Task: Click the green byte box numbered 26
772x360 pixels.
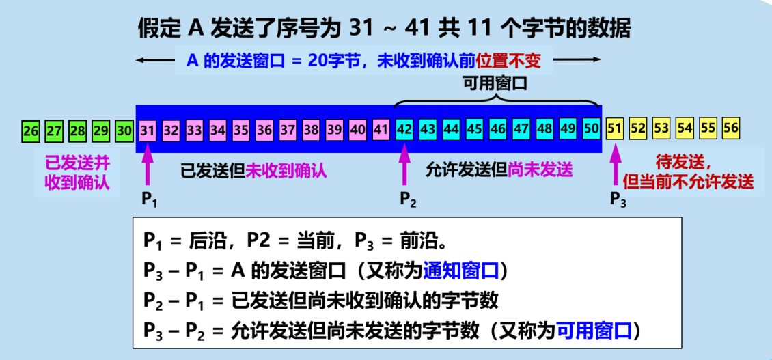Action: pyautogui.click(x=30, y=128)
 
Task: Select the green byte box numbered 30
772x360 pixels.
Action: pyautogui.click(x=124, y=128)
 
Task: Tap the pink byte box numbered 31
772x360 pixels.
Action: pyautogui.click(x=147, y=128)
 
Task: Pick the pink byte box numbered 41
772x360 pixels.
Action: pyautogui.click(x=381, y=128)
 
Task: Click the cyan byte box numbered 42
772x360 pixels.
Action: pyautogui.click(x=404, y=128)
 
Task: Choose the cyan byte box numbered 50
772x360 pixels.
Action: pyautogui.click(x=591, y=128)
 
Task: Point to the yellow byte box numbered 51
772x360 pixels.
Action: pyautogui.click(x=615, y=128)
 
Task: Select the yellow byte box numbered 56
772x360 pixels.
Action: pyautogui.click(x=730, y=128)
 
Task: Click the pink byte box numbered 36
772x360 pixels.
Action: pyautogui.click(x=264, y=128)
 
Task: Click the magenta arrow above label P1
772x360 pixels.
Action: pyautogui.click(x=148, y=167)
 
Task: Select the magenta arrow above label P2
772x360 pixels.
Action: pyautogui.click(x=404, y=167)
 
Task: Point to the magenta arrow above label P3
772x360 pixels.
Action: pyautogui.click(x=615, y=167)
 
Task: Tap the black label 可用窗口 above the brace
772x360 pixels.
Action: pyautogui.click(x=497, y=83)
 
